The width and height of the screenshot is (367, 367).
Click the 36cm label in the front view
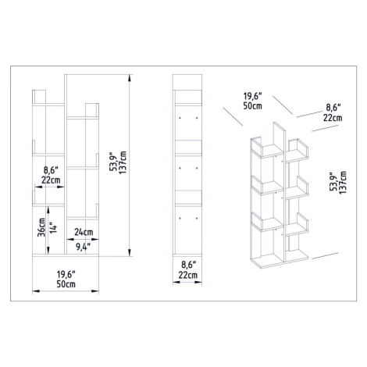[x=41, y=227]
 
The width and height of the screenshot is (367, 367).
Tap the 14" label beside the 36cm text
[x=53, y=227]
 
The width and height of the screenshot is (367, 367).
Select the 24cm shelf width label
[x=84, y=232]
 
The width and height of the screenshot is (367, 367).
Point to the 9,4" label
[x=84, y=247]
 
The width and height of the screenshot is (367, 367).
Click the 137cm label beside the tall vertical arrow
[x=122, y=162]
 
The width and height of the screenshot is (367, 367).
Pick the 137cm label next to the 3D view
[x=342, y=182]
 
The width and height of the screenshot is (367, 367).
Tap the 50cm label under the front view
[x=66, y=284]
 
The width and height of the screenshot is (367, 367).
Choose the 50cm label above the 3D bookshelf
[x=252, y=105]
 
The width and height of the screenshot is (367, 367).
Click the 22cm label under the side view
[x=187, y=275]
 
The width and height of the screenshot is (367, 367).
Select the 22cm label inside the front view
[x=51, y=180]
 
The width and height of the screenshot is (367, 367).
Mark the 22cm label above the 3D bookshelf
[x=333, y=118]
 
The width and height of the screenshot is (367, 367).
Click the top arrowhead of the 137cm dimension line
[x=129, y=78]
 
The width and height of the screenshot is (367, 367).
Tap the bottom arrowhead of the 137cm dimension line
[x=129, y=253]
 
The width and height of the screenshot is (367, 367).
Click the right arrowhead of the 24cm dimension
[x=95, y=239]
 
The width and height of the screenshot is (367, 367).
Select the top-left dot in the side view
[x=180, y=118]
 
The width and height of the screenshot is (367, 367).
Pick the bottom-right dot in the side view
[x=197, y=218]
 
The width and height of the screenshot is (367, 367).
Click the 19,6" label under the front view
[x=66, y=274]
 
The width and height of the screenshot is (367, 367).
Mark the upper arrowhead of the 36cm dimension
[x=48, y=210]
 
